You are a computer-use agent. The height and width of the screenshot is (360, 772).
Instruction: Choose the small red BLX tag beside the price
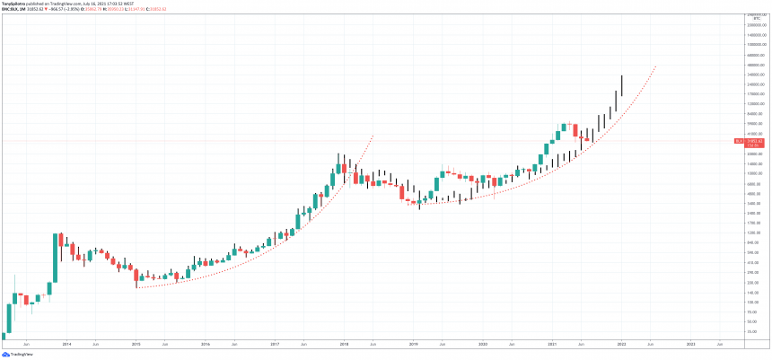pos(737,141)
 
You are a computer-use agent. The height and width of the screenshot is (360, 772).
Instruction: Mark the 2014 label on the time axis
pos(66,344)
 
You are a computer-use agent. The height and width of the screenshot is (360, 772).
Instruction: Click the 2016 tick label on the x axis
pos(206,344)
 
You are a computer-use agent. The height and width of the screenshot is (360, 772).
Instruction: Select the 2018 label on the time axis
pos(344,344)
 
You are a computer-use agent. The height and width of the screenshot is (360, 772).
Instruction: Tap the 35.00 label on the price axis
pos(752,331)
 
